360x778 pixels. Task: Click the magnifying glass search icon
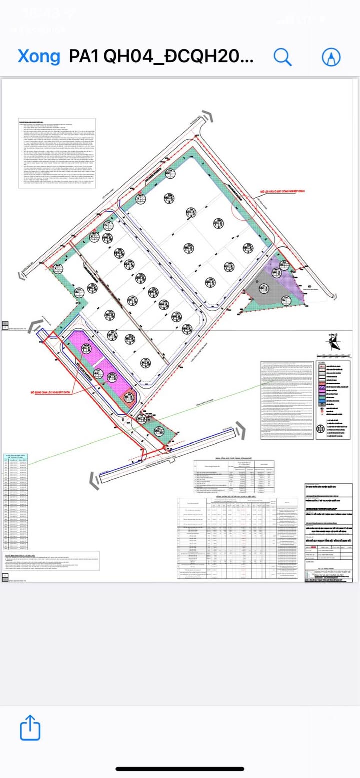283,57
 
